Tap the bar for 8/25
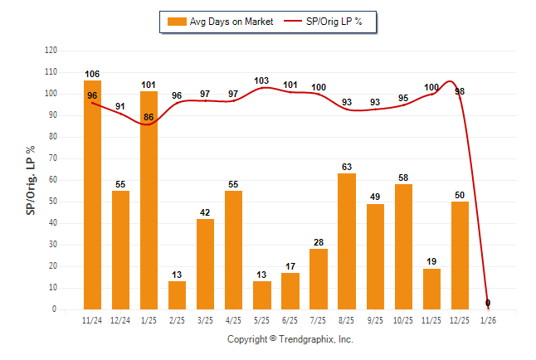pos(347,241)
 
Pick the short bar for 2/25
pos(177,295)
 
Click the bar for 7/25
pos(319,279)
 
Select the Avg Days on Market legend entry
pos(219,22)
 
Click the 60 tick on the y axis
pos(52,180)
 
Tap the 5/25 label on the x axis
pos(262,319)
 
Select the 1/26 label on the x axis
pos(488,319)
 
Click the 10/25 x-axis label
pos(403,319)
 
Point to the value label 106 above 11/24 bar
pos(92,75)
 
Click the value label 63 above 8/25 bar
pos(347,168)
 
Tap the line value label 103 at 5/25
pos(262,80)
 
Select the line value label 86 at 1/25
pos(149,117)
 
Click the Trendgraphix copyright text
pos(290,339)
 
